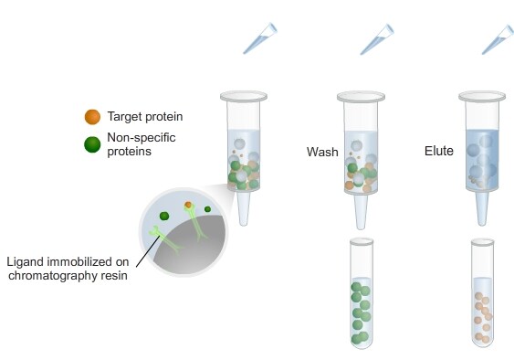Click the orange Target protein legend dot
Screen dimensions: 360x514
point(91,117)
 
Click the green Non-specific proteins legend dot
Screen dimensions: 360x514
point(91,143)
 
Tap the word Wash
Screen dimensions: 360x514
point(321,151)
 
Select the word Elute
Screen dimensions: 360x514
point(439,151)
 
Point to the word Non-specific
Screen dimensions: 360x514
point(140,137)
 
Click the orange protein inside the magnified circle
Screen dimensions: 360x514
point(188,203)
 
